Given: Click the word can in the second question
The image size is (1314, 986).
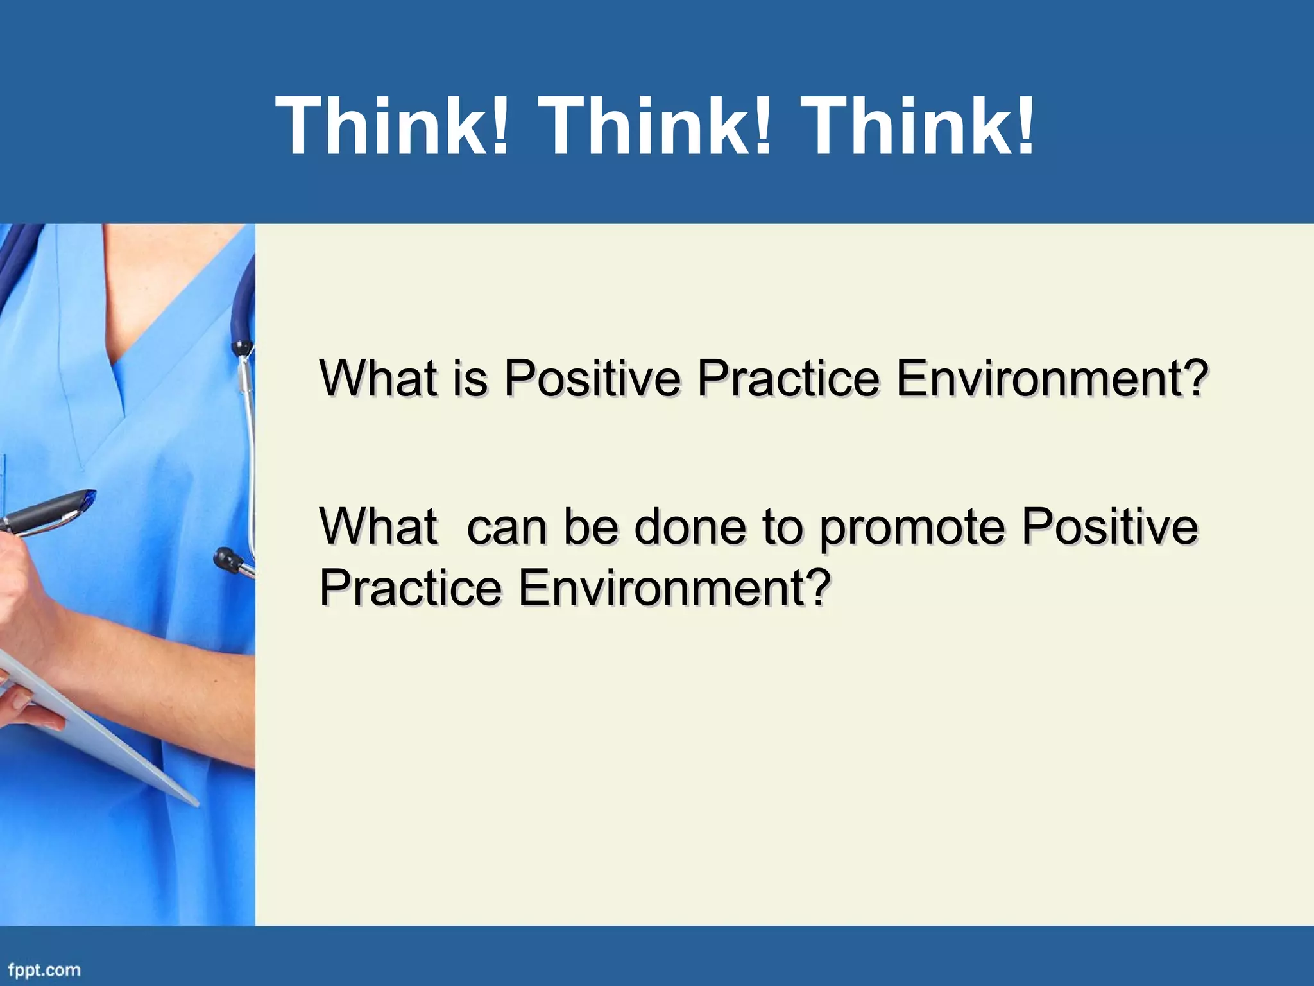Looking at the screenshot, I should point(508,526).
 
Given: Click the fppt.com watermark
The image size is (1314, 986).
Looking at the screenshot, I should point(44,969).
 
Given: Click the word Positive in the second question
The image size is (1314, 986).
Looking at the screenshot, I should point(1109,526).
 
